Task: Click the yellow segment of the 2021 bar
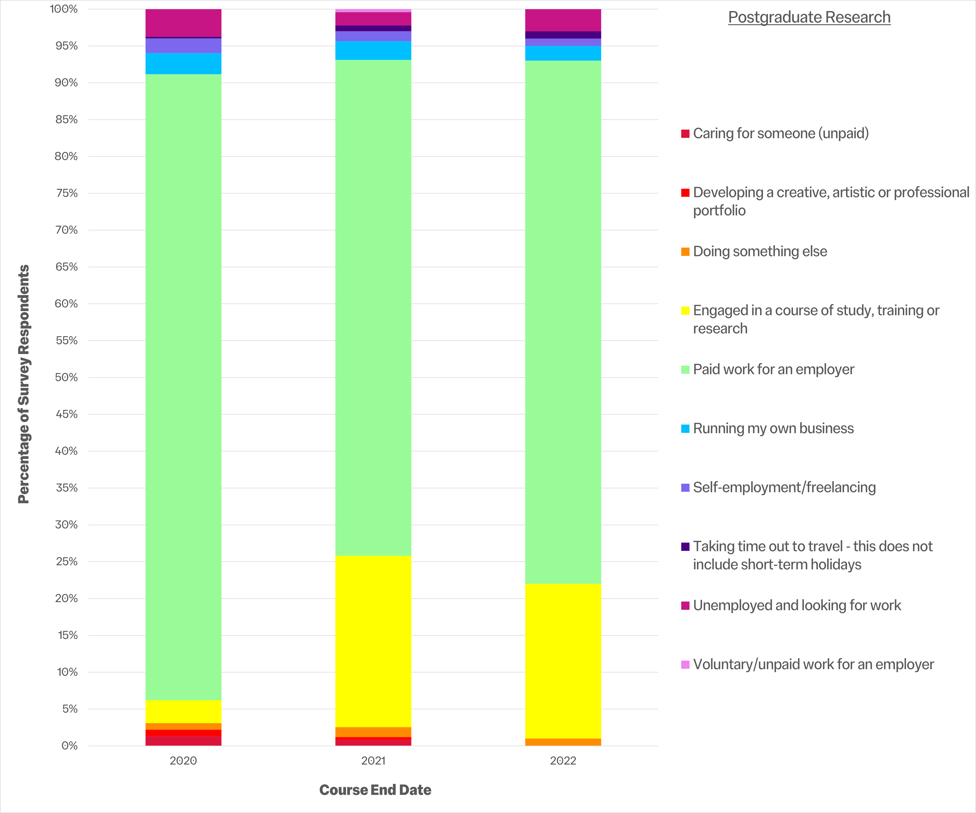point(373,641)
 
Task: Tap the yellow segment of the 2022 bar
point(563,660)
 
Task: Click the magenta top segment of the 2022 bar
point(563,20)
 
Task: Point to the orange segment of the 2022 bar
point(563,742)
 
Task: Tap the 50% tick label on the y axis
point(66,377)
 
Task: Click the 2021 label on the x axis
point(373,761)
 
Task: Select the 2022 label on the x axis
point(563,761)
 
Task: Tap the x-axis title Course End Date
point(375,790)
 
